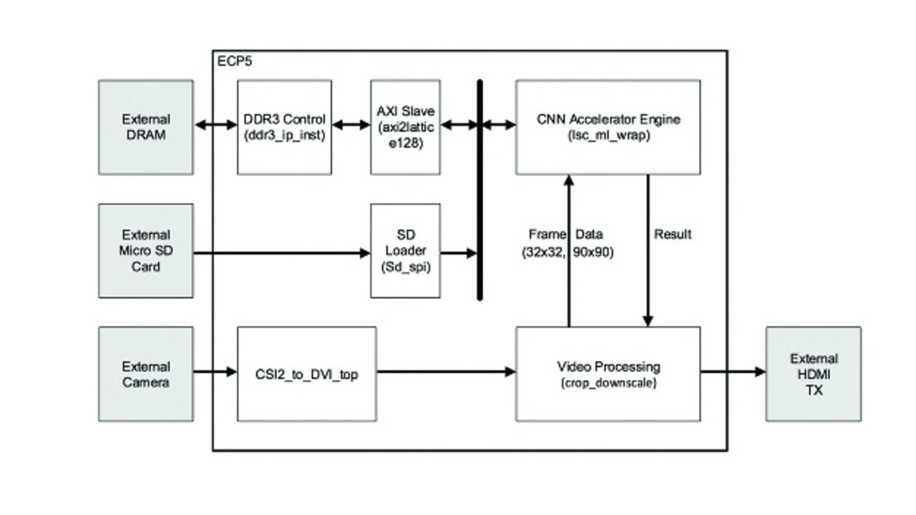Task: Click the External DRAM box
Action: pos(145,127)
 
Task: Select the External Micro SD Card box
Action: pos(145,250)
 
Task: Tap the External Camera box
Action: pos(145,374)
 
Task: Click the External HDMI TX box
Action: pos(813,374)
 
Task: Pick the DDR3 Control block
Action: pos(284,127)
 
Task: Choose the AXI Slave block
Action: pos(405,127)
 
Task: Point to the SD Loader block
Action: pos(405,250)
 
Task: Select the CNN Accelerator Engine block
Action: pos(608,127)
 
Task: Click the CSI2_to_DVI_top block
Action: pos(306,374)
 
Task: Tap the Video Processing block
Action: pos(608,374)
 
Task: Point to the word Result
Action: pos(673,234)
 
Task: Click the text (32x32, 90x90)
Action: pos(567,252)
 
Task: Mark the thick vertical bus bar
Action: pos(479,190)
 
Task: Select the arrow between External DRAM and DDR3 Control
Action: pos(215,125)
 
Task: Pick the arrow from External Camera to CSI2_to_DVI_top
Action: pos(215,371)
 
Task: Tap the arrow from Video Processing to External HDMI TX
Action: pos(733,371)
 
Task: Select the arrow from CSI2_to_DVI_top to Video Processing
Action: pos(446,371)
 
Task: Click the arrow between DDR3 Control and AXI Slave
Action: pos(351,125)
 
